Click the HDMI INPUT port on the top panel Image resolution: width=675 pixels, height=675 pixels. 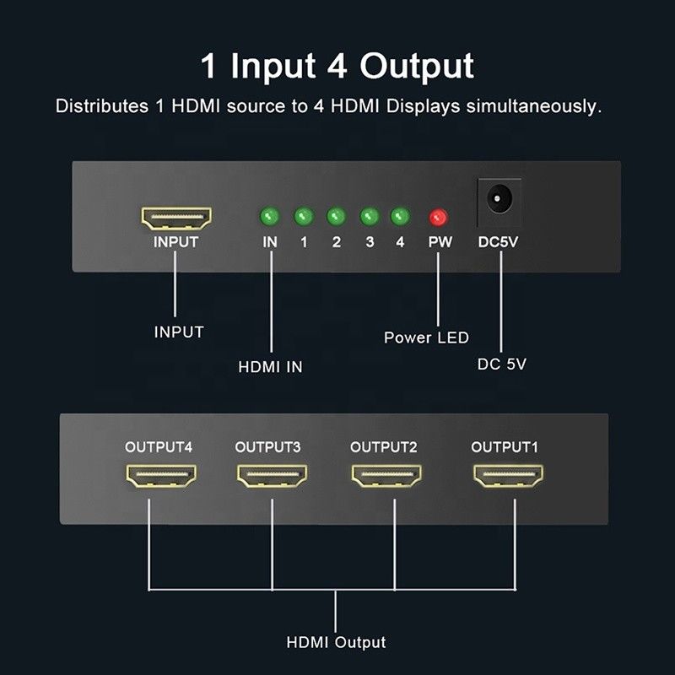(x=175, y=219)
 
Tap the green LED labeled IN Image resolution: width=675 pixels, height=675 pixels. (x=270, y=218)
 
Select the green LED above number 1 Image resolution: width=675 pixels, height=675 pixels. (x=304, y=218)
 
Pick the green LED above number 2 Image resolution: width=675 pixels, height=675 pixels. (x=336, y=218)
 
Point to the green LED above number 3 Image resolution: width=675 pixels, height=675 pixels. (x=369, y=218)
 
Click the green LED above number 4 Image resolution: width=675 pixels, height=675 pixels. (x=400, y=218)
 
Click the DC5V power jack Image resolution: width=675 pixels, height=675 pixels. (x=499, y=201)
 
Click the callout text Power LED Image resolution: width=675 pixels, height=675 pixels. (x=426, y=338)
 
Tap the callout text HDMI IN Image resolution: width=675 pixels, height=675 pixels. (x=270, y=367)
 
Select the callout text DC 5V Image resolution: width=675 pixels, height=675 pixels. (x=502, y=364)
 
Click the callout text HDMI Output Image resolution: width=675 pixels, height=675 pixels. (x=336, y=643)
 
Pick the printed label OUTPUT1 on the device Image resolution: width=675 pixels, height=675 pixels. (x=504, y=447)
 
